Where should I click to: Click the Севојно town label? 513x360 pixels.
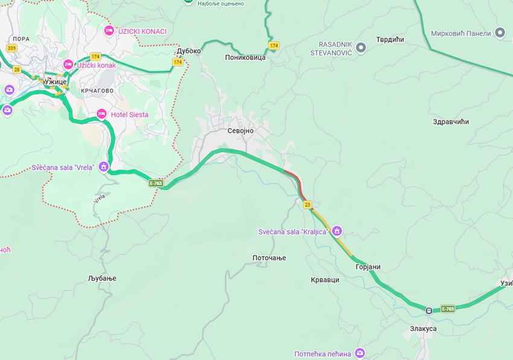pyautogui.click(x=240, y=130)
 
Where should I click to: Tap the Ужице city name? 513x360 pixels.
pyautogui.click(x=55, y=81)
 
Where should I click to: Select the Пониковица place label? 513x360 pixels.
pyautogui.click(x=245, y=57)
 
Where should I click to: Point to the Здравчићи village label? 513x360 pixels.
pyautogui.click(x=451, y=121)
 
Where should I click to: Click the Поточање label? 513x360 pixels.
pyautogui.click(x=269, y=258)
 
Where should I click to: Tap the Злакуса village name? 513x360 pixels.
pyautogui.click(x=422, y=329)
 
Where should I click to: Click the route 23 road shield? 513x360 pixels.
pyautogui.click(x=308, y=205)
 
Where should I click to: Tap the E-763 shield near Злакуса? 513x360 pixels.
pyautogui.click(x=447, y=309)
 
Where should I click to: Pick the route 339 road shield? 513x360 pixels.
pyautogui.click(x=11, y=48)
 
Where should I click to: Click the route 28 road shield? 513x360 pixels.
pyautogui.click(x=16, y=69)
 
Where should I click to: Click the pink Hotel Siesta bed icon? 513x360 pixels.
pyautogui.click(x=101, y=114)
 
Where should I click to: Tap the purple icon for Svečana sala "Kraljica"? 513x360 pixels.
pyautogui.click(x=337, y=231)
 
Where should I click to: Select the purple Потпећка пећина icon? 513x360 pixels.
pyautogui.click(x=360, y=353)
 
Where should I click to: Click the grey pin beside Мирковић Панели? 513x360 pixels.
pyautogui.click(x=500, y=33)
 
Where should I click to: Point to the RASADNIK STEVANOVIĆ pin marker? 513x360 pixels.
pyautogui.click(x=360, y=48)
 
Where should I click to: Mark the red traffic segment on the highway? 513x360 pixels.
pyautogui.click(x=292, y=175)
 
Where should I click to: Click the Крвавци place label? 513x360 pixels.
pyautogui.click(x=325, y=280)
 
